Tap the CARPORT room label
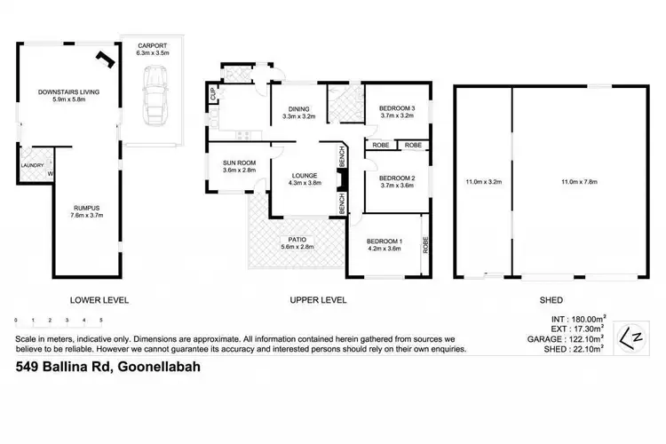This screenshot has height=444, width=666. [153, 48]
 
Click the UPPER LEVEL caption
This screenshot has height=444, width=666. [318, 300]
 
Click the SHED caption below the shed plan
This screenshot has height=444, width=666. [551, 300]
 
